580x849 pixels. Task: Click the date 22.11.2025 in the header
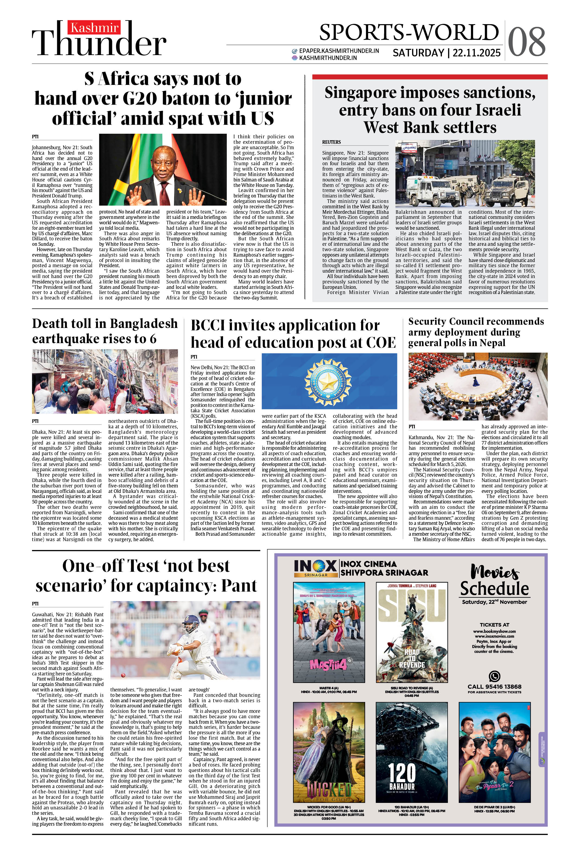[477, 53]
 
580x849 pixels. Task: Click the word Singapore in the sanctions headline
[360, 93]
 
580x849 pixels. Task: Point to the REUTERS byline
[331, 142]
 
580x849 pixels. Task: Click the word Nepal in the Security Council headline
[494, 343]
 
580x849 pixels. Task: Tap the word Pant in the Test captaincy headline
[239, 586]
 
